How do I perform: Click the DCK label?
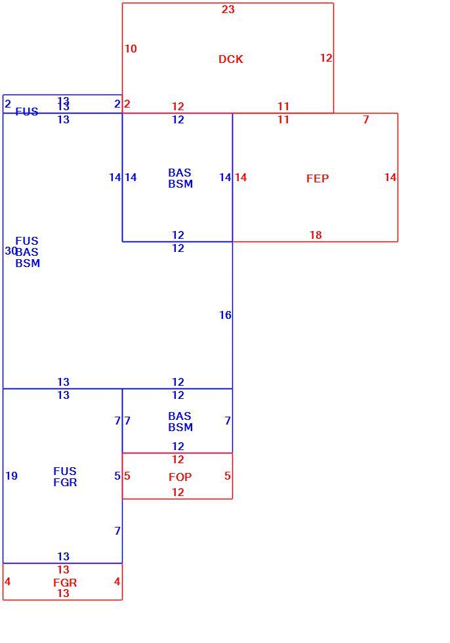click(231, 59)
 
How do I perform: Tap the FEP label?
click(317, 178)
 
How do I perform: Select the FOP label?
click(180, 477)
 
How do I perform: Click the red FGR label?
click(65, 583)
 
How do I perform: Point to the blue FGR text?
click(65, 482)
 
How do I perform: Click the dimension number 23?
click(228, 9)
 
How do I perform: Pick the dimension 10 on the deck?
click(131, 49)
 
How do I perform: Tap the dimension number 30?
click(10, 250)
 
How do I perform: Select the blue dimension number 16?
click(225, 315)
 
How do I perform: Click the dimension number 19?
click(11, 476)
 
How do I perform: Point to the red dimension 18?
click(316, 235)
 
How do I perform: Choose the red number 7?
click(366, 119)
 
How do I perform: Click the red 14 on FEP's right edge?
click(390, 177)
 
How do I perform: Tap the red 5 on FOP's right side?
click(228, 476)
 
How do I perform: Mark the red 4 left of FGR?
click(7, 581)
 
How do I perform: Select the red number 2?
click(127, 104)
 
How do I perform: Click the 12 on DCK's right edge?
click(326, 58)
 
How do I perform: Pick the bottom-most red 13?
click(63, 593)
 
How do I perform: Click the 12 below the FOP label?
click(178, 492)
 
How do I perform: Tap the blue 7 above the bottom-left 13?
click(117, 531)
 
